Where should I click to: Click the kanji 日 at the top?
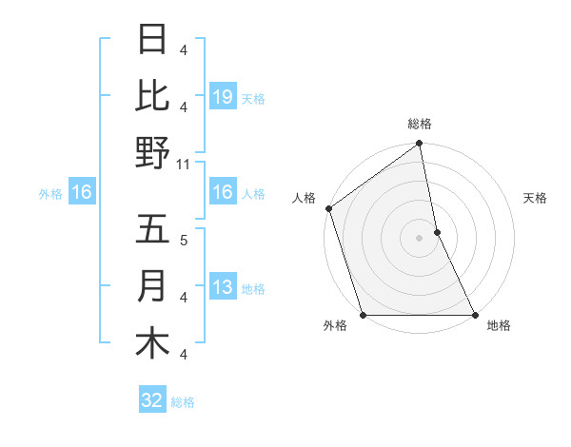pyautogui.click(x=152, y=41)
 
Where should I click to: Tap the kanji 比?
pyautogui.click(x=152, y=96)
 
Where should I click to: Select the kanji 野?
pyautogui.click(x=152, y=152)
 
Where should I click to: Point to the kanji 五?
pyautogui.click(x=152, y=230)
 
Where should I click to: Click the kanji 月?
pyautogui.click(x=152, y=286)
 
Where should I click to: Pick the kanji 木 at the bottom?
pyautogui.click(x=152, y=342)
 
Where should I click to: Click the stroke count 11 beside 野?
pyautogui.click(x=184, y=165)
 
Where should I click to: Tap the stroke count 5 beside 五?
pyautogui.click(x=184, y=240)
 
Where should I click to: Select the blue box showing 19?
pyautogui.click(x=222, y=96)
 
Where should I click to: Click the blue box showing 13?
pyautogui.click(x=222, y=287)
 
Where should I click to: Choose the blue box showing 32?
pyautogui.click(x=151, y=400)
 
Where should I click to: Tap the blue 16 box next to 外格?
pyautogui.click(x=81, y=193)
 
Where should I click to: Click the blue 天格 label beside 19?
pyautogui.click(x=253, y=98)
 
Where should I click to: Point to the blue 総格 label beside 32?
pyautogui.click(x=183, y=402)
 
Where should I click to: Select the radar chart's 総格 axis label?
pyautogui.click(x=420, y=124)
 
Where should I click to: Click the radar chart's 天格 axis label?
pyautogui.click(x=536, y=198)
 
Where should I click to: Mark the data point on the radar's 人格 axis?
pyautogui.click(x=328, y=208)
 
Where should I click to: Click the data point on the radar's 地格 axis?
pyautogui.click(x=474, y=314)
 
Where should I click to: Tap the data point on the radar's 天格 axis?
pyautogui.click(x=437, y=232)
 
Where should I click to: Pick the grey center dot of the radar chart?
pyautogui.click(x=420, y=238)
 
